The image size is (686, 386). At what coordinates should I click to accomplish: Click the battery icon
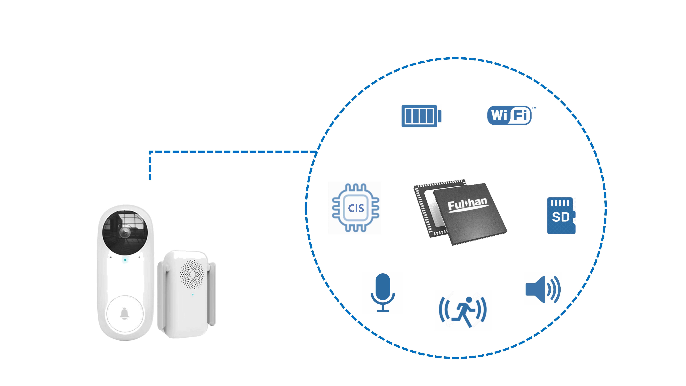[x=421, y=116]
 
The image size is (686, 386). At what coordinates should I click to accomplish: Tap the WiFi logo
[x=509, y=115]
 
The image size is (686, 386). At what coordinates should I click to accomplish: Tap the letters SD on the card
[x=560, y=217]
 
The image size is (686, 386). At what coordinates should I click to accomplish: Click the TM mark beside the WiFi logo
[x=534, y=108]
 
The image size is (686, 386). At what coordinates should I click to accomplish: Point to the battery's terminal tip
[x=440, y=116]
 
